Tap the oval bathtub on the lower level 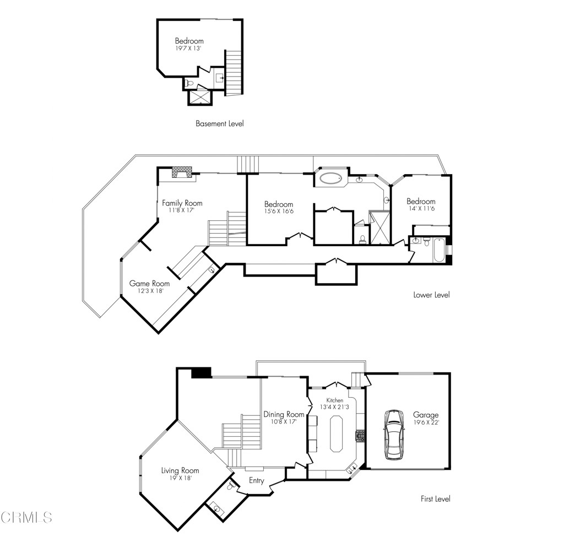coord(330,178)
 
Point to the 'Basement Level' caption coord(219,124)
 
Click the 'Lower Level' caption coord(431,295)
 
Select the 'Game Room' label coord(149,284)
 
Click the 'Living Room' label coord(180,470)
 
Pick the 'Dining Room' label coord(284,414)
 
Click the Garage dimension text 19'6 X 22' coord(426,422)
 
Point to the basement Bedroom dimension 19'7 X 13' coord(189,48)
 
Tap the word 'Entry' coord(257,481)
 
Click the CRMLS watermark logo coord(26,517)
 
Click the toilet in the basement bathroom coord(189,84)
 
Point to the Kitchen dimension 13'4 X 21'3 coord(334,407)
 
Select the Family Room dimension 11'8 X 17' coord(178,210)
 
